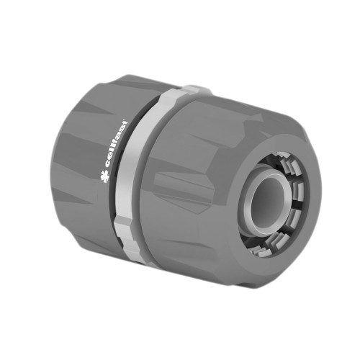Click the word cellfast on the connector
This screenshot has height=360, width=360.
(116, 144)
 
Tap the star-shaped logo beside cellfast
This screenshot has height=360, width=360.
(104, 176)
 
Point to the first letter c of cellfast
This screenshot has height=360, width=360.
(107, 165)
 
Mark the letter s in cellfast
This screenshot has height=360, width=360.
(122, 130)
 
